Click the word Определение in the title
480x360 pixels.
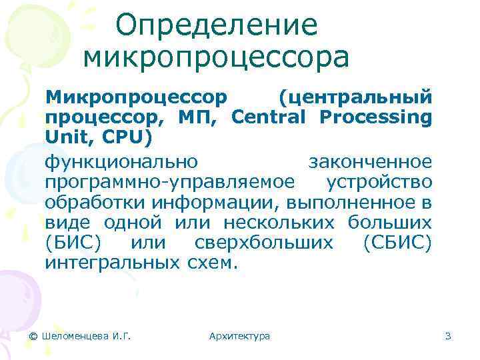(216, 26)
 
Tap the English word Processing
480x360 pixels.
(375, 118)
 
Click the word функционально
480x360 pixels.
(121, 162)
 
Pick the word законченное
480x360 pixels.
(370, 162)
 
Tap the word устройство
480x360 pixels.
(379, 182)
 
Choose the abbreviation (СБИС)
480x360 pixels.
(398, 242)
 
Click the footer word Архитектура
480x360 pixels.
(239, 336)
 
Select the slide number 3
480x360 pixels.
(448, 336)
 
